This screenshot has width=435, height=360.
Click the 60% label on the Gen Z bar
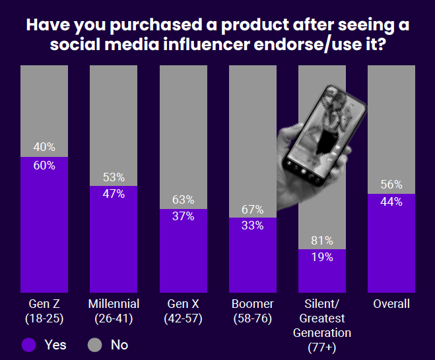click(x=44, y=165)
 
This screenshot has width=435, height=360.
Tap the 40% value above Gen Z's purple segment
click(x=44, y=147)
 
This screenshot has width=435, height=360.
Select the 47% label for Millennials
click(x=114, y=194)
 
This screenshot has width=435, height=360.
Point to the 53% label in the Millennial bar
click(x=114, y=177)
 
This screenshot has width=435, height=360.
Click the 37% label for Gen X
click(x=183, y=217)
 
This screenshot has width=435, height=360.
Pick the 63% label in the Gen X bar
click(x=183, y=200)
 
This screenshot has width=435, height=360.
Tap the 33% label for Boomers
click(x=252, y=225)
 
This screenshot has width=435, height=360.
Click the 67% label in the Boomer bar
click(x=252, y=210)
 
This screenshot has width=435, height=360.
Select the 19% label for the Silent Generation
click(x=321, y=257)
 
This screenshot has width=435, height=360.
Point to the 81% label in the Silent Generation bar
click(x=321, y=241)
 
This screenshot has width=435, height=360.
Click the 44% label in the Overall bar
click(x=391, y=202)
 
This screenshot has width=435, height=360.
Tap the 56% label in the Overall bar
click(x=391, y=185)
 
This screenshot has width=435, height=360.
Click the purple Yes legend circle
click(x=28, y=344)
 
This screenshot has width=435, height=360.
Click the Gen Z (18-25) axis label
click(x=44, y=311)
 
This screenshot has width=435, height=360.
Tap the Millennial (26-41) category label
click(x=114, y=311)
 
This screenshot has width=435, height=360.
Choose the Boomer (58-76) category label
click(x=252, y=311)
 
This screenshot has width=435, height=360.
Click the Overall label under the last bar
click(x=391, y=304)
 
